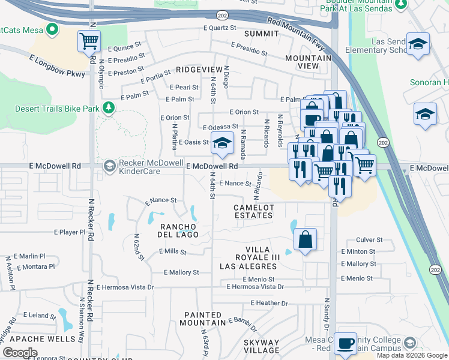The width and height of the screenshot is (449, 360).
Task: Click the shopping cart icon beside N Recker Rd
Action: point(89,42)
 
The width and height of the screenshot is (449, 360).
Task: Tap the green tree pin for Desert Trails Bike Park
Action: point(109,107)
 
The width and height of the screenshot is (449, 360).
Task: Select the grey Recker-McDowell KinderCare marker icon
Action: point(109,166)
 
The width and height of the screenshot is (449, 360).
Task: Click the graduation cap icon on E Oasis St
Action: point(221,143)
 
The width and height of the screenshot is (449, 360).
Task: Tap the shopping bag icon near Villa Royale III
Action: point(306,239)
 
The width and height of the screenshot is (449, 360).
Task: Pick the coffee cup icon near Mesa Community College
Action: point(345,343)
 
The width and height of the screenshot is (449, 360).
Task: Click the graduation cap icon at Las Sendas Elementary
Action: point(418,44)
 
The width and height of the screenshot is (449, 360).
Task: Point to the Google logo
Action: point(20,353)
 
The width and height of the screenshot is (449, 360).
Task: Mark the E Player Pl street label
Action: point(70,232)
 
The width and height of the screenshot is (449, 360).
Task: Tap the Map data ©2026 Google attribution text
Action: point(412,355)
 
